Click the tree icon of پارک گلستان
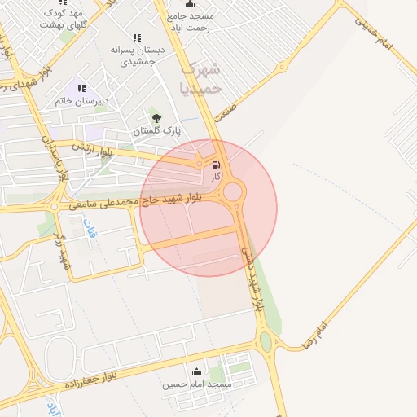click(x=156, y=118)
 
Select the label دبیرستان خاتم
click(x=82, y=101)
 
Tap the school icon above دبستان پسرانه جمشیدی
click(x=137, y=37)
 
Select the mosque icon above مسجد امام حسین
click(x=195, y=372)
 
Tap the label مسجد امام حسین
click(x=197, y=384)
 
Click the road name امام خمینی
click(x=374, y=33)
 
